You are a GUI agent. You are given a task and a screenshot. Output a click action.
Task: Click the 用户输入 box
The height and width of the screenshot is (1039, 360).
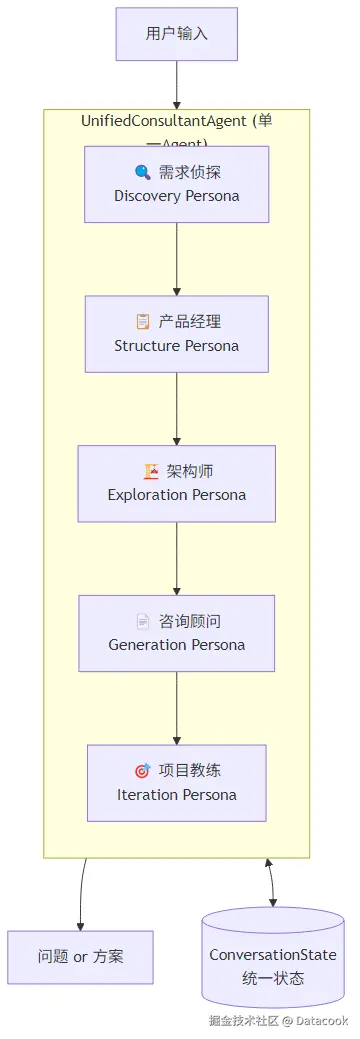tap(177, 34)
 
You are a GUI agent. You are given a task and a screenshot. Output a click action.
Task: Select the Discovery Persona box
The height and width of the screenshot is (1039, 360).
tap(177, 184)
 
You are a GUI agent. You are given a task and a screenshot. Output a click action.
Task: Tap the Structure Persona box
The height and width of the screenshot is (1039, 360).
tap(177, 334)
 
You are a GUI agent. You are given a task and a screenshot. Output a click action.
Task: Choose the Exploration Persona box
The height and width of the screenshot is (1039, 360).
tap(177, 484)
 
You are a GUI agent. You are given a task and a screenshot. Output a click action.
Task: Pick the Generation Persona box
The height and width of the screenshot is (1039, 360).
tap(177, 633)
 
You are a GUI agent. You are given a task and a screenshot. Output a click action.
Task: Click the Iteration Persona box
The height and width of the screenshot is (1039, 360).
tap(177, 783)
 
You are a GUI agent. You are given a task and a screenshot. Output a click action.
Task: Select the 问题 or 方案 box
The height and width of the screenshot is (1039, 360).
tap(80, 957)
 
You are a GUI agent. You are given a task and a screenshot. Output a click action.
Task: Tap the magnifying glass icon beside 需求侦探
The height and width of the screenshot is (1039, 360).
tap(142, 172)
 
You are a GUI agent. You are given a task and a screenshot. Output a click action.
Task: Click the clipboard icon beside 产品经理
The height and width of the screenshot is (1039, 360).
tap(143, 322)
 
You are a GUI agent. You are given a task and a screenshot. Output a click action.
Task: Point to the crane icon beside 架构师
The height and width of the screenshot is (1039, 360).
tap(151, 471)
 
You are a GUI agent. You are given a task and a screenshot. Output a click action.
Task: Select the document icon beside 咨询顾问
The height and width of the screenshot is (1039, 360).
tap(143, 621)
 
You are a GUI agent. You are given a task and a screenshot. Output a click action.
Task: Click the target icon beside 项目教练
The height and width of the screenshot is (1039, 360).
tap(142, 771)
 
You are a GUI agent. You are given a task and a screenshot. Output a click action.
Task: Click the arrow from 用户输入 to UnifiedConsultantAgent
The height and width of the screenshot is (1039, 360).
tap(177, 85)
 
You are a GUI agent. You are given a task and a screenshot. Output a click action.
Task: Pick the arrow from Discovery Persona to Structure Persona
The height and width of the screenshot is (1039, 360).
tap(177, 259)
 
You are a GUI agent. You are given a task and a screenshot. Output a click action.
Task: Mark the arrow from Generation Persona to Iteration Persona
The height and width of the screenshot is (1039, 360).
tap(177, 708)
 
